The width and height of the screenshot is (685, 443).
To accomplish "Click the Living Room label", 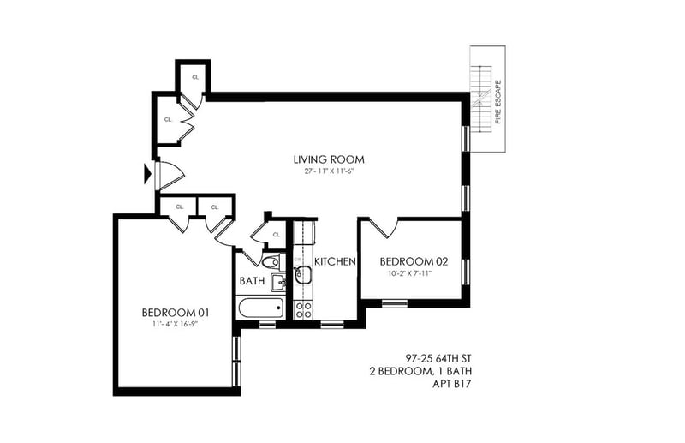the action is pyautogui.click(x=329, y=159).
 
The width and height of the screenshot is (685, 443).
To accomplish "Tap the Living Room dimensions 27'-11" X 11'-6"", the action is pyautogui.click(x=329, y=171).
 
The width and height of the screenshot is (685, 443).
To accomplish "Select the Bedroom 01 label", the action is pyautogui.click(x=176, y=313).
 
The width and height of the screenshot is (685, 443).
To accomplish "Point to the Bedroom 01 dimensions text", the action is pyautogui.click(x=176, y=325).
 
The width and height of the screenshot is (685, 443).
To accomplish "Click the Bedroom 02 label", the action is pyautogui.click(x=414, y=262).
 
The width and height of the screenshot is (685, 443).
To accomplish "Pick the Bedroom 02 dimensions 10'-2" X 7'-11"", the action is pyautogui.click(x=413, y=273).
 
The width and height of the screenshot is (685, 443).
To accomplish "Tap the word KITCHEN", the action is pyautogui.click(x=335, y=262).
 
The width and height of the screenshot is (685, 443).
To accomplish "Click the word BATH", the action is pyautogui.click(x=252, y=281).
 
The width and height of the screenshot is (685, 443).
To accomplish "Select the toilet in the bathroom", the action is pyautogui.click(x=272, y=262).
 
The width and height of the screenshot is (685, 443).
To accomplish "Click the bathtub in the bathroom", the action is pyautogui.click(x=260, y=308).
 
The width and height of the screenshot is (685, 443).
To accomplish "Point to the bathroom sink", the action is pyautogui.click(x=277, y=283).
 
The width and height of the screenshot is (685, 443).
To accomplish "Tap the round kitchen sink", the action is pyautogui.click(x=302, y=274).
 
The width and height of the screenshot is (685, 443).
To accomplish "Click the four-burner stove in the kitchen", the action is pyautogui.click(x=303, y=309).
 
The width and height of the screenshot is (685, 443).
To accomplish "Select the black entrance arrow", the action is pyautogui.click(x=147, y=174).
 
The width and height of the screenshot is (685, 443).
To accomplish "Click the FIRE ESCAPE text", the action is pyautogui.click(x=498, y=102).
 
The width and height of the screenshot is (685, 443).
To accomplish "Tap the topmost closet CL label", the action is pyautogui.click(x=195, y=77).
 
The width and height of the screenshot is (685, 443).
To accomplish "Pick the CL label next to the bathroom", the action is pyautogui.click(x=276, y=235).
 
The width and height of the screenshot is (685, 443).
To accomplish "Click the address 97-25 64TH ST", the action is pyautogui.click(x=438, y=359).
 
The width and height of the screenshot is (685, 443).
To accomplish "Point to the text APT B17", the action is pyautogui.click(x=452, y=385).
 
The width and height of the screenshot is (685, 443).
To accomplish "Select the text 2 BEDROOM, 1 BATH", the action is pyautogui.click(x=420, y=372).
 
